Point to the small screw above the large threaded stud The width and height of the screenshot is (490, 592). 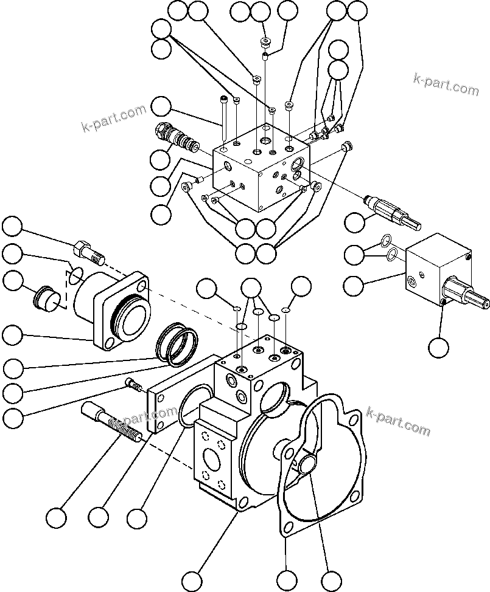coord(133,384)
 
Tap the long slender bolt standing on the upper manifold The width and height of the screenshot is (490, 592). coord(225,120)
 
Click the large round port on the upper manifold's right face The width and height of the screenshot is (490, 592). coord(299,162)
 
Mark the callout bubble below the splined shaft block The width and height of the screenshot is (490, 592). coord(438,347)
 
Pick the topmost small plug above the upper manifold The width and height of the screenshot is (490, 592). coord(265,43)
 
